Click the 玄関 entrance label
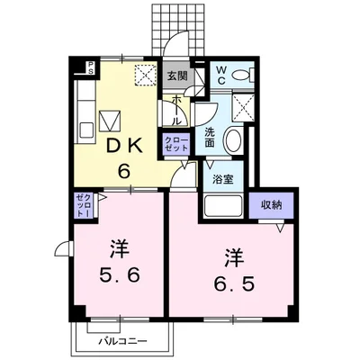(x=177, y=76)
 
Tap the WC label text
(x=221, y=75)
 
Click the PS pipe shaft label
(x=91, y=67)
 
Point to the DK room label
(x=124, y=147)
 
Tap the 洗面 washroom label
(x=210, y=138)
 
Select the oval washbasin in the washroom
(x=234, y=140)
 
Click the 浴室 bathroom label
(x=222, y=180)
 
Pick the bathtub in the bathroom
(x=222, y=206)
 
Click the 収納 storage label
(x=271, y=205)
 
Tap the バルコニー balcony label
(x=123, y=341)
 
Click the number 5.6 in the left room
(x=120, y=274)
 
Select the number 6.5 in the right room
(x=234, y=283)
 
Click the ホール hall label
(x=176, y=111)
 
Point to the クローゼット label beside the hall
(x=176, y=144)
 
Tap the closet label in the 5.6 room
(x=84, y=205)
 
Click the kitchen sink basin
(x=86, y=130)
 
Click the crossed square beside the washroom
(x=243, y=107)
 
